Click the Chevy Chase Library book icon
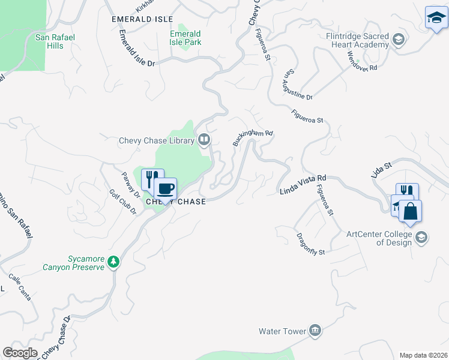click(x=204, y=140)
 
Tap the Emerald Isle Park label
click(x=185, y=38)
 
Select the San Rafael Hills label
click(x=55, y=41)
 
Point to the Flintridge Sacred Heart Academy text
click(x=358, y=41)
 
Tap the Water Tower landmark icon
click(x=315, y=331)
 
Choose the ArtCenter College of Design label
click(x=379, y=238)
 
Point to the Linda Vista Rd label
click(x=303, y=185)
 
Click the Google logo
click(x=20, y=353)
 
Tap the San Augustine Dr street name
click(x=297, y=85)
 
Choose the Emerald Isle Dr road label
click(x=136, y=48)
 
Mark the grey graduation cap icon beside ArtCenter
click(x=421, y=238)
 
